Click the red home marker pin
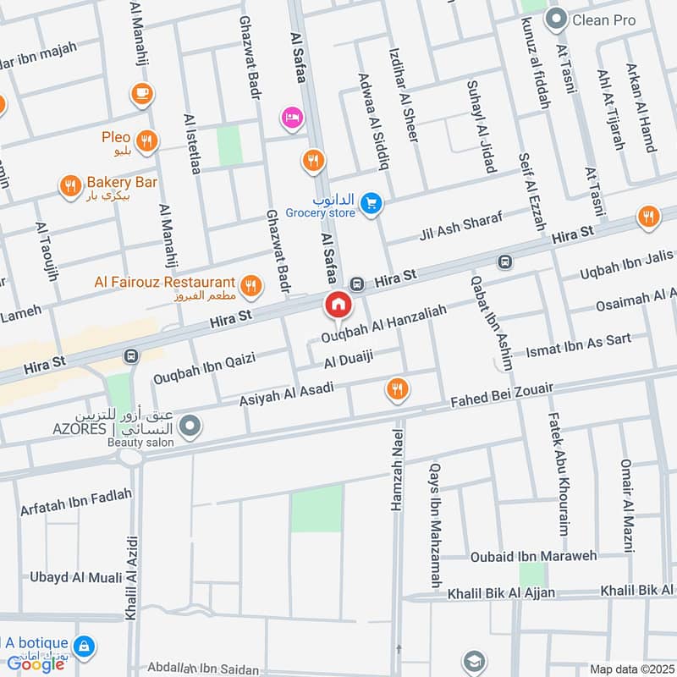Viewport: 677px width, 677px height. [338, 305]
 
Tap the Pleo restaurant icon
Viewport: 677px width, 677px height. [146, 141]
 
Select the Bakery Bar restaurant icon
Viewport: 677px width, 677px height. [69, 185]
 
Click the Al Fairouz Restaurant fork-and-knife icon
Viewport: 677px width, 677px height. [250, 286]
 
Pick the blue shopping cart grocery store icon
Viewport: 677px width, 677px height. [369, 204]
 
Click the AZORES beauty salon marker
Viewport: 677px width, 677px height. [191, 426]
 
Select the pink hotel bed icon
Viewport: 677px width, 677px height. [292, 116]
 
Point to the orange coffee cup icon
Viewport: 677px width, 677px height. [140, 92]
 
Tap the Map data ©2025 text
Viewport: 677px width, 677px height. [630, 669]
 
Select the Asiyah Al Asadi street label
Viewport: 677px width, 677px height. [287, 392]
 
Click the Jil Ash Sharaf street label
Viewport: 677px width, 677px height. [460, 226]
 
